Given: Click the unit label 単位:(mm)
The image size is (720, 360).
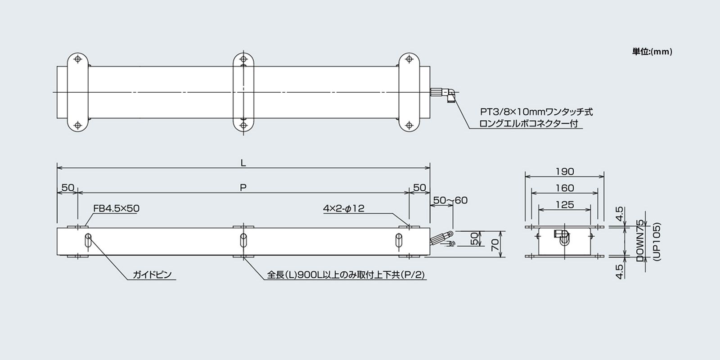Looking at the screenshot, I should [652, 52].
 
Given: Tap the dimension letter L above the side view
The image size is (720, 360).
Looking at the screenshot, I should [243, 163].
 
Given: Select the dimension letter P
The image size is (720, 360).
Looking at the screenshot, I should [243, 188].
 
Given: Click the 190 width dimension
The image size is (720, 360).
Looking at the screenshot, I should [565, 171].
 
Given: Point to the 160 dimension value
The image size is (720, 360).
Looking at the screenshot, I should [565, 188].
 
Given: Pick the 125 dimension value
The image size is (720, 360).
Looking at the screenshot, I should [565, 205].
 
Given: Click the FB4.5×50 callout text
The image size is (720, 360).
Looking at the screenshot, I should [116, 208].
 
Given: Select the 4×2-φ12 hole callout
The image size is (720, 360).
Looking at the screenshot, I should [343, 208].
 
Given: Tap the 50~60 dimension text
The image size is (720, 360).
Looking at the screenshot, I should [450, 200].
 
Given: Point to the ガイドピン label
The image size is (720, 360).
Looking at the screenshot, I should [152, 275].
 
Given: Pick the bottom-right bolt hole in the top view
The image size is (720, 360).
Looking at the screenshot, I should [409, 125].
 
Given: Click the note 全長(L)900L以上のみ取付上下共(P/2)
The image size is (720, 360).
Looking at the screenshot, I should [346, 275].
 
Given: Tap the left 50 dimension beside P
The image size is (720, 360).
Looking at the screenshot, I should [67, 188].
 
